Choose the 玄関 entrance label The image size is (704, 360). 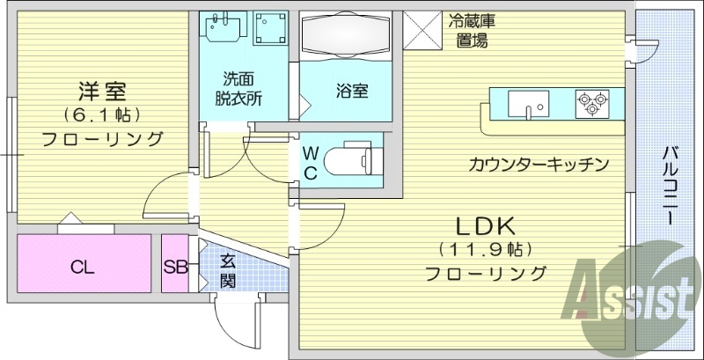[227, 270]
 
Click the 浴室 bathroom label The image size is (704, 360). [350, 91]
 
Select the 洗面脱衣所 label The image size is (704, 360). [239, 88]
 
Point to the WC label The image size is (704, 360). [310, 162]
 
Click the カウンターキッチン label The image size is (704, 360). [539, 164]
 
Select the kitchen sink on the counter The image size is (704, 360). [529, 105]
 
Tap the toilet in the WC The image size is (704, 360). [349, 163]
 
